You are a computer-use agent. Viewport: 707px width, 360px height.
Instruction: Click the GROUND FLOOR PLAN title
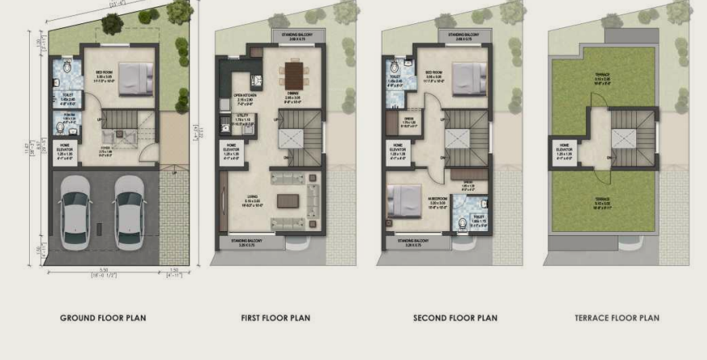(x=103, y=318)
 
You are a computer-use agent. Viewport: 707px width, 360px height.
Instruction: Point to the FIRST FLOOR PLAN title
(x=275, y=318)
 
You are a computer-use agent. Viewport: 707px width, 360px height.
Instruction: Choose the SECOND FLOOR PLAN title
(x=455, y=318)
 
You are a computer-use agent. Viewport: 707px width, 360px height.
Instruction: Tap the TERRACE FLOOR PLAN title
(x=617, y=318)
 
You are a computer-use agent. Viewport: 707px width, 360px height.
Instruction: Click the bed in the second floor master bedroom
(x=405, y=198)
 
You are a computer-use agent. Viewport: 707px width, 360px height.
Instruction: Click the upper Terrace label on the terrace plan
(x=602, y=77)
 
